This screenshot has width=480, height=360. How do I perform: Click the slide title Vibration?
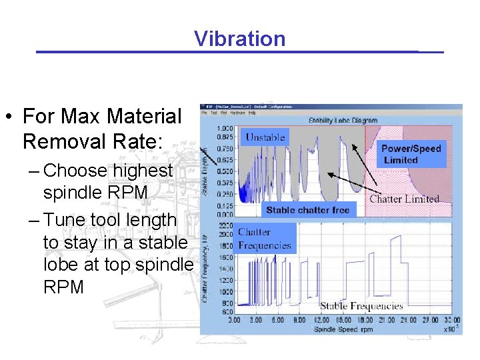click(240, 39)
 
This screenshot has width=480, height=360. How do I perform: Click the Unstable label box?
click(265, 137)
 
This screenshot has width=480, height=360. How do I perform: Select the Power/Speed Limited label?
click(411, 154)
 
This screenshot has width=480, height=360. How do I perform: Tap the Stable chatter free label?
click(307, 210)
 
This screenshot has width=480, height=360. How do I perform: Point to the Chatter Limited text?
click(404, 198)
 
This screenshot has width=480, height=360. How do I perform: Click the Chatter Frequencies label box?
click(265, 239)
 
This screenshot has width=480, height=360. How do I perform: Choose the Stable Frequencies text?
click(361, 306)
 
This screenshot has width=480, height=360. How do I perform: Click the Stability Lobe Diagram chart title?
click(343, 121)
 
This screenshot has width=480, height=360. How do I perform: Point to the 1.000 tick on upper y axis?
click(225, 128)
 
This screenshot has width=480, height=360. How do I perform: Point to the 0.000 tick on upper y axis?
click(225, 215)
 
